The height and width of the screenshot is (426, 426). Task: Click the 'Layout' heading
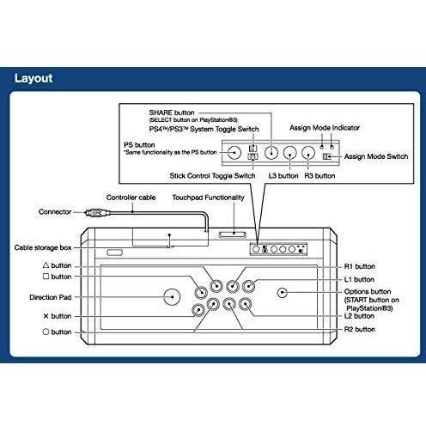33,78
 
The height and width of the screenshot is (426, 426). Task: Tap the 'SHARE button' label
172,113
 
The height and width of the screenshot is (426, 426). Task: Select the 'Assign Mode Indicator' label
325,128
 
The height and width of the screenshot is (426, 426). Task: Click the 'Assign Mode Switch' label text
376,156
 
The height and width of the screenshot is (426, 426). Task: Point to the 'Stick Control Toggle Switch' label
212,176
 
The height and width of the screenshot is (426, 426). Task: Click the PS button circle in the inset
234,152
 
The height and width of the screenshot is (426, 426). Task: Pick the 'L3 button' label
283,176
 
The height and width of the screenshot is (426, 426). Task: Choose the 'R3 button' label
319,176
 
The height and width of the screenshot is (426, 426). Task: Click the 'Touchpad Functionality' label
208,198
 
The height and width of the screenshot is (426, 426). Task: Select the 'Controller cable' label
131,198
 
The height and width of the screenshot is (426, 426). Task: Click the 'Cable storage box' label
43,247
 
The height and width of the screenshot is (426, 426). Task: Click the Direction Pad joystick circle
172,296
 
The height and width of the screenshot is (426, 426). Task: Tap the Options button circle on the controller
283,293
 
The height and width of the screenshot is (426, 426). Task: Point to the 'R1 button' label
360,266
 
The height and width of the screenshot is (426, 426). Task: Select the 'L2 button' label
359,316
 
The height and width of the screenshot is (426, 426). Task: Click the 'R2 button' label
360,329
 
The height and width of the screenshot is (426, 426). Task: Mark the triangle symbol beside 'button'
46,265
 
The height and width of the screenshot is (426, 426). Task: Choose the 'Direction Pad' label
51,297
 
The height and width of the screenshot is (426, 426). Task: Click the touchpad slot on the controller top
233,234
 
